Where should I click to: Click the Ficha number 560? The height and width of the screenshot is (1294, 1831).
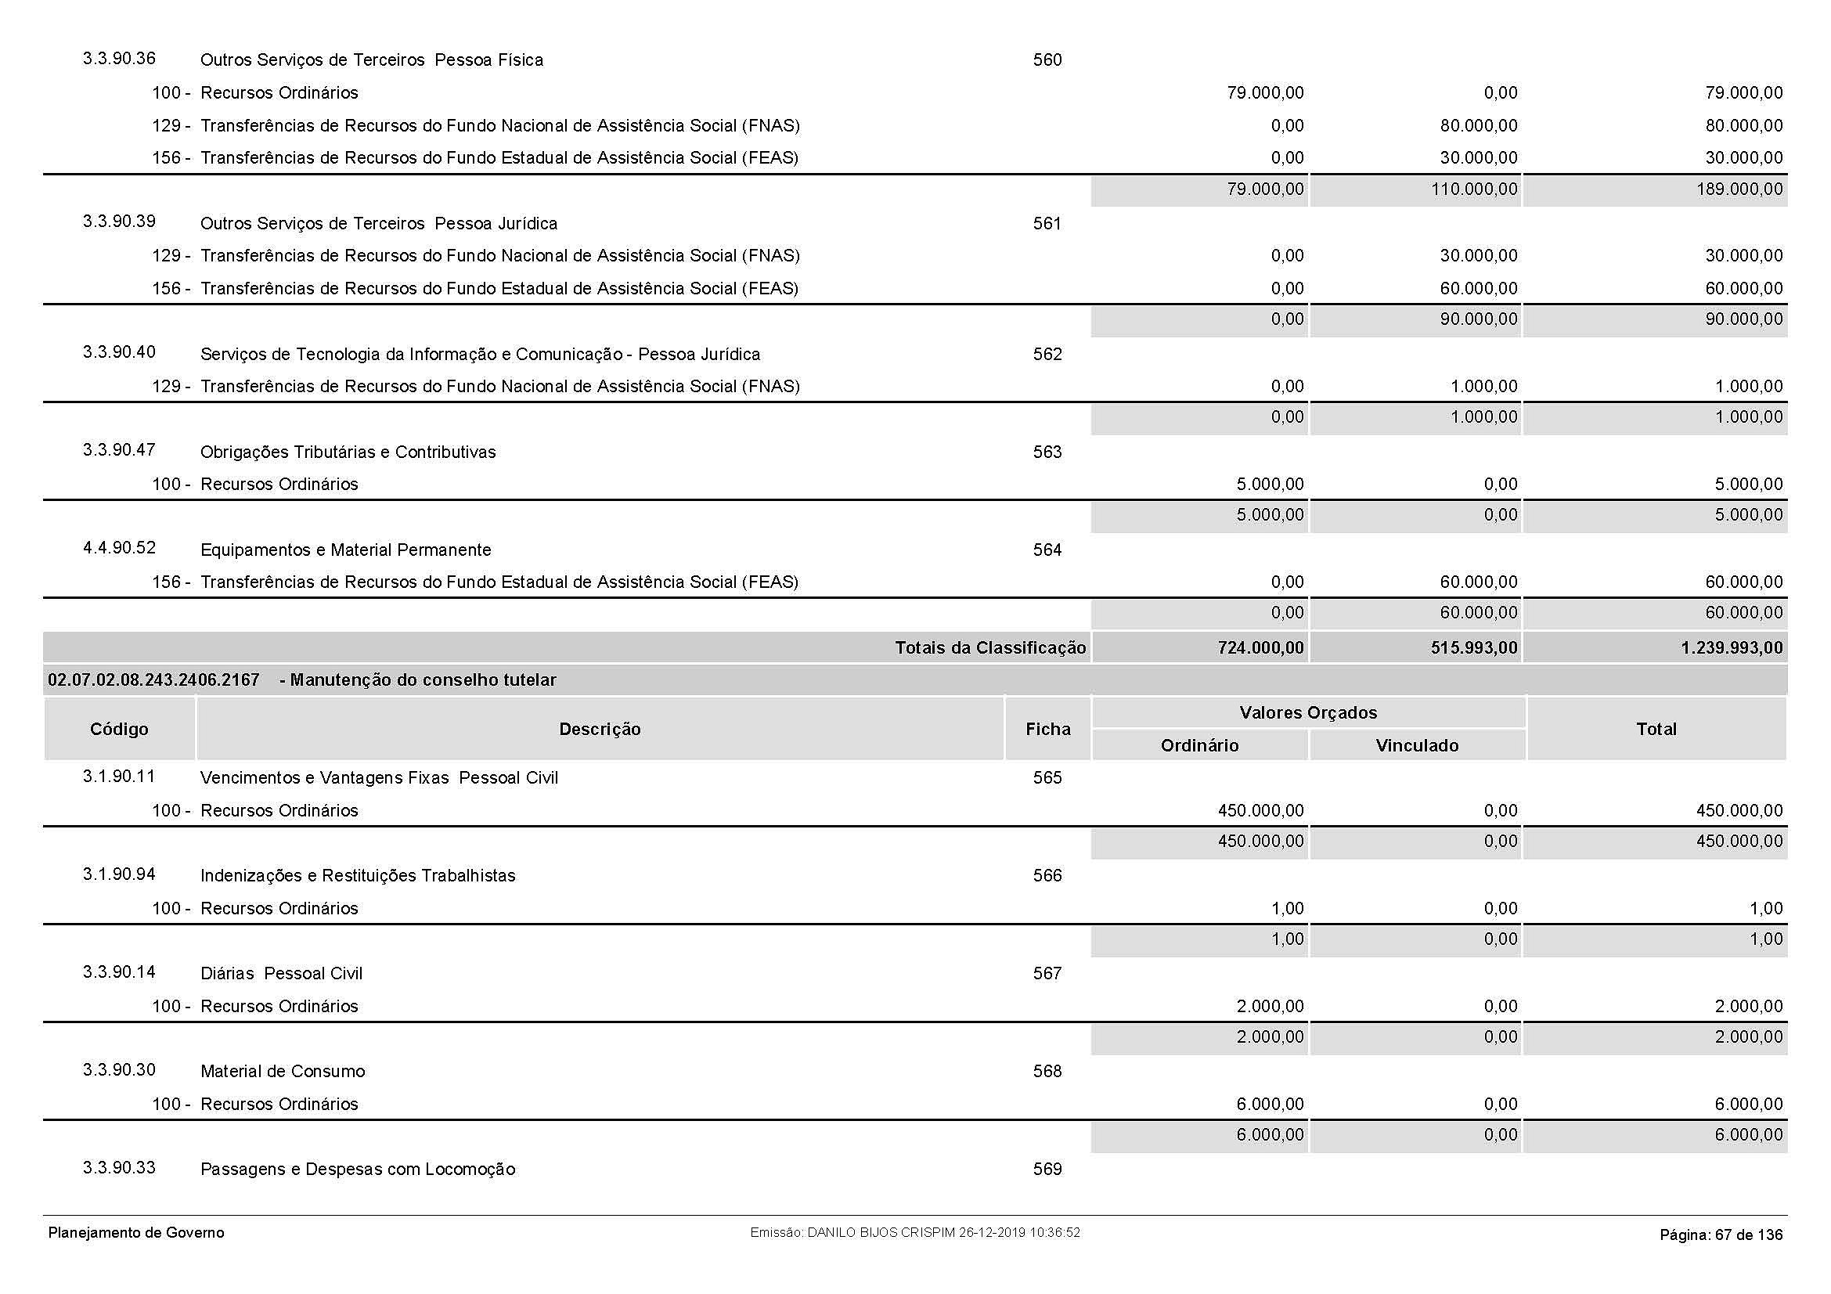(x=1047, y=59)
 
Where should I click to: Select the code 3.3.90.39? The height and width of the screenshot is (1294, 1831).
(x=119, y=222)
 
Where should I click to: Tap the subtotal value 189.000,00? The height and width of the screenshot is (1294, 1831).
(x=1739, y=189)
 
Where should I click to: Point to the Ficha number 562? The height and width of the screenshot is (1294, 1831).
(x=1047, y=354)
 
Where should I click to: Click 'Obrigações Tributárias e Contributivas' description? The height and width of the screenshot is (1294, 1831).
(x=348, y=452)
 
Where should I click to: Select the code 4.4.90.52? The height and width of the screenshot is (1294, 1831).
(x=119, y=548)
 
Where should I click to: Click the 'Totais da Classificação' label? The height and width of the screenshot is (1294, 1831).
(x=989, y=647)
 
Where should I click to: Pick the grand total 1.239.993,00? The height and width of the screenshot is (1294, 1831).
(x=1732, y=647)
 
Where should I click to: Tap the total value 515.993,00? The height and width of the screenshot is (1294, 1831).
(x=1474, y=647)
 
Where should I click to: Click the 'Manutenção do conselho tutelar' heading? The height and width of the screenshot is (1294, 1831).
(x=423, y=680)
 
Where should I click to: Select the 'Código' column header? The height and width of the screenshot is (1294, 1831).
(x=119, y=729)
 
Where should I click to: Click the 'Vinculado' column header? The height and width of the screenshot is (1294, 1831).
(x=1417, y=745)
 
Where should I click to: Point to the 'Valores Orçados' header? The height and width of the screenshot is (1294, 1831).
(x=1308, y=713)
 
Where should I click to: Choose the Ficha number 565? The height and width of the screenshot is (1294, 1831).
(x=1047, y=778)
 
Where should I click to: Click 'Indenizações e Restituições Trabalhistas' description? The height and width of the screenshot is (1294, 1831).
(x=357, y=875)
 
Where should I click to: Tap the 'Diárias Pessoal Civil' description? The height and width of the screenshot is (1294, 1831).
(x=281, y=974)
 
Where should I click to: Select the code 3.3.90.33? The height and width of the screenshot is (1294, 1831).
(x=119, y=1168)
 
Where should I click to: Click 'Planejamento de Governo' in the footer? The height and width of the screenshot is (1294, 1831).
(x=136, y=1233)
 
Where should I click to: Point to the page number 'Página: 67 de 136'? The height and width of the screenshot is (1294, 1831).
(x=1721, y=1235)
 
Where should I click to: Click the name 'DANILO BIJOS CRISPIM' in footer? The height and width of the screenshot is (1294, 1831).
(x=881, y=1233)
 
